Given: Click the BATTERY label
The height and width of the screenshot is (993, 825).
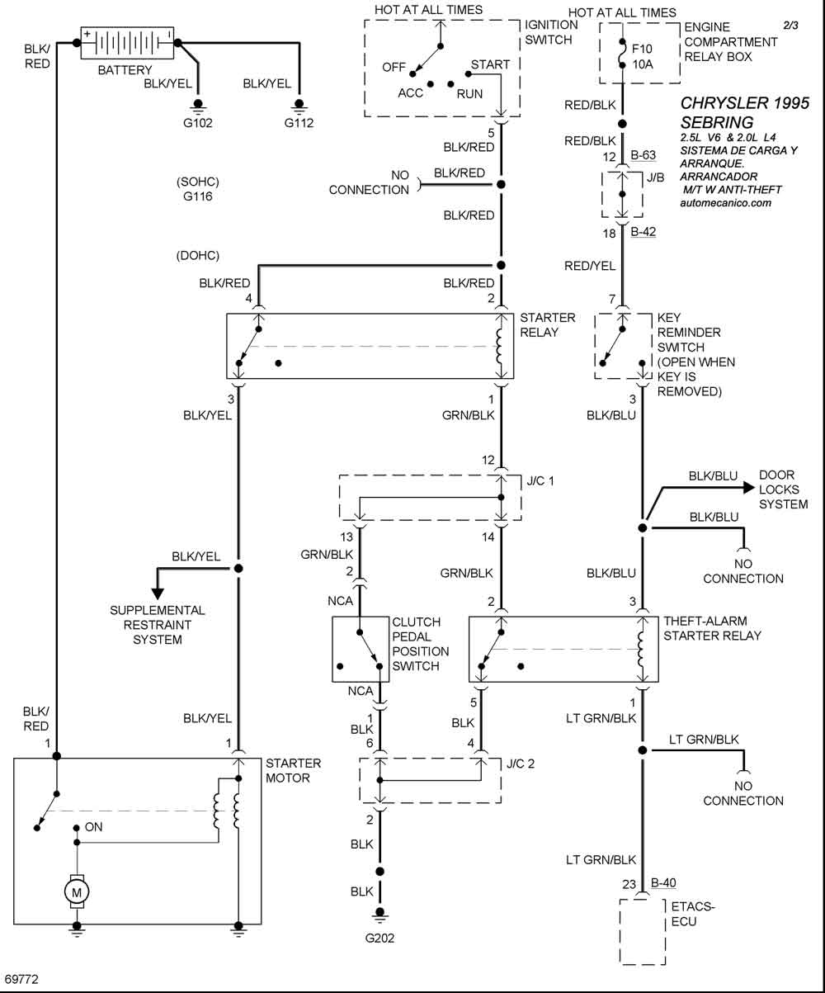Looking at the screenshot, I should [125, 70].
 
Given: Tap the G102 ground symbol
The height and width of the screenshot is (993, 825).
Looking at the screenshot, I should [198, 105].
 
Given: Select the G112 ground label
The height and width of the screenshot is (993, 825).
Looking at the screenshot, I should [299, 124].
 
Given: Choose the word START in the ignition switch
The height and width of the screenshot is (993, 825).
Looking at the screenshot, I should [490, 64].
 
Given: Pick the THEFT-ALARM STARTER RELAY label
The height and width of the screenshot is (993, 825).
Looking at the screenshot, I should [712, 628].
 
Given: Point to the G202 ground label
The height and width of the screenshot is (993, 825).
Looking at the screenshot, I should [380, 938].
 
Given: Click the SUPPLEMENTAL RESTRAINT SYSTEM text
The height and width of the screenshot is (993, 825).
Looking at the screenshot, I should [157, 625].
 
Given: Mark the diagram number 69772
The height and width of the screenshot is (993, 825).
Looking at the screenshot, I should [22, 979].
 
